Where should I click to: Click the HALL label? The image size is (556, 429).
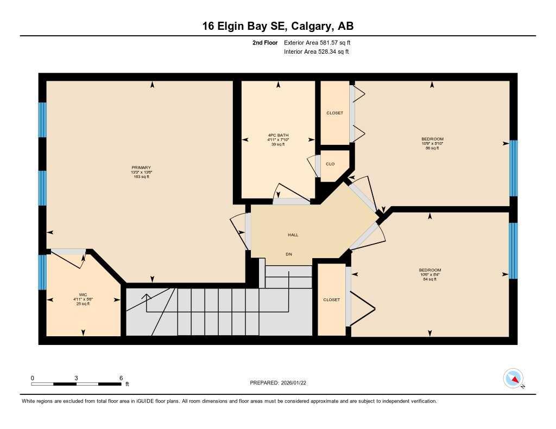(x=293, y=235)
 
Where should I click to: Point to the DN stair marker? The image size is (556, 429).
(x=289, y=254)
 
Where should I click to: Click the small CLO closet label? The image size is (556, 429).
(x=330, y=164)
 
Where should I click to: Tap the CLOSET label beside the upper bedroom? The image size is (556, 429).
(x=334, y=113)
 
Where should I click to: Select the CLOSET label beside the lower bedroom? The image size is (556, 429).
(x=331, y=299)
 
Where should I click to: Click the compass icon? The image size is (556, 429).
(x=513, y=378)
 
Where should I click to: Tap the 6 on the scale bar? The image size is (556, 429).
(x=121, y=378)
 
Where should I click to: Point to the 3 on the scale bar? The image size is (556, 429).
(x=77, y=378)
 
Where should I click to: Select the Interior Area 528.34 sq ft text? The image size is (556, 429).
(x=316, y=52)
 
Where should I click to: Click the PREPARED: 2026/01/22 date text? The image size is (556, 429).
(x=281, y=383)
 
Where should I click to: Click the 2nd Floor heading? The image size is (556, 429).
(x=264, y=42)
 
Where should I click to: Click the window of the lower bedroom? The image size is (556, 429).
(x=513, y=250)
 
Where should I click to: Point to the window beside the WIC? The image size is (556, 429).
(x=42, y=272)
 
